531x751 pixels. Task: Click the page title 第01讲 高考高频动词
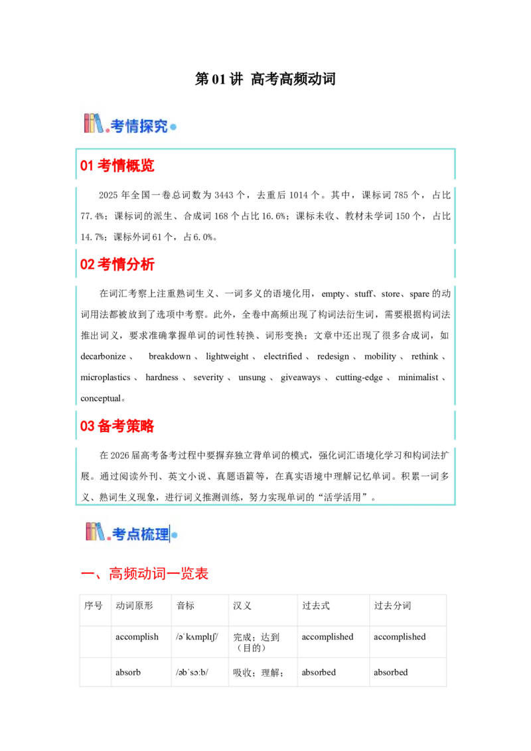point(265,79)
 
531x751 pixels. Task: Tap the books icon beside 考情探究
point(94,123)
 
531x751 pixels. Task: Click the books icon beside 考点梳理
point(96,531)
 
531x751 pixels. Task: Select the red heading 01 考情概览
point(117,166)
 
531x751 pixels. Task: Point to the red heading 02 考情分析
point(117,265)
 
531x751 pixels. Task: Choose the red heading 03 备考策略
point(117,426)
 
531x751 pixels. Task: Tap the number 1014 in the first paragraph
point(299,195)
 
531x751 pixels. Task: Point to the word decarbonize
point(103,356)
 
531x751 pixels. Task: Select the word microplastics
point(106,377)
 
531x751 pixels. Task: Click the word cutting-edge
point(359,377)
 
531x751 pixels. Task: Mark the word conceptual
point(101,399)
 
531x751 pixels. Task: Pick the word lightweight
point(227,356)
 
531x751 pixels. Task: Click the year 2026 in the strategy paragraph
point(120,456)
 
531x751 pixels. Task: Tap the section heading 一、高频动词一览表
point(144,573)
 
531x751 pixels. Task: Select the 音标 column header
point(185,606)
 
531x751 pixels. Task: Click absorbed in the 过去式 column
point(319,673)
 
